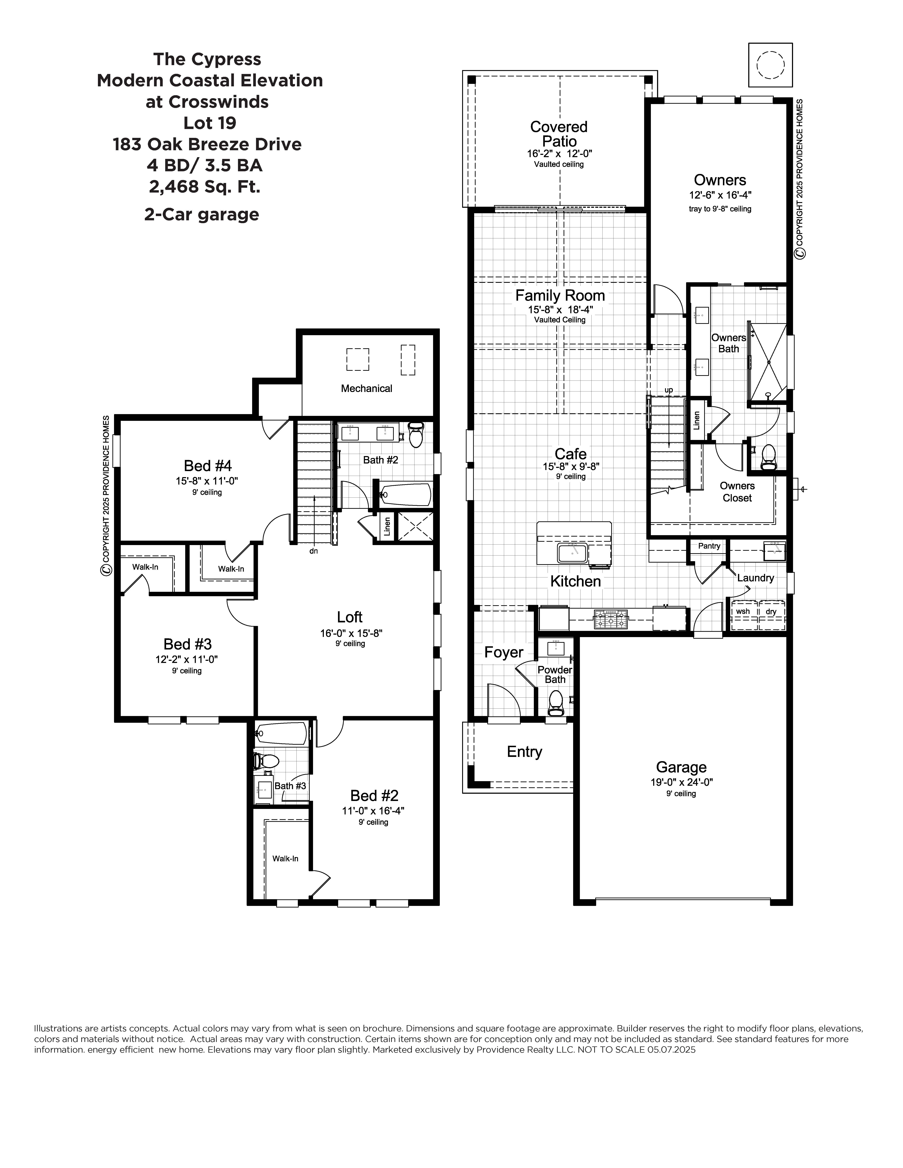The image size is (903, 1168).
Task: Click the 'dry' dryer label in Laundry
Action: tap(771, 611)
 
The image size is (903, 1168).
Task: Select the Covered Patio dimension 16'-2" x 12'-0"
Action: tap(559, 153)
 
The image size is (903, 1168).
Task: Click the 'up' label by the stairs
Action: tap(669, 390)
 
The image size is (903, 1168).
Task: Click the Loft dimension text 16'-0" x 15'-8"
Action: tap(351, 633)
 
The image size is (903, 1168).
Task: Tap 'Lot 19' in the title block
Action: tap(210, 123)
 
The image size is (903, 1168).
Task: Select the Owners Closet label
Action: tap(737, 491)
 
